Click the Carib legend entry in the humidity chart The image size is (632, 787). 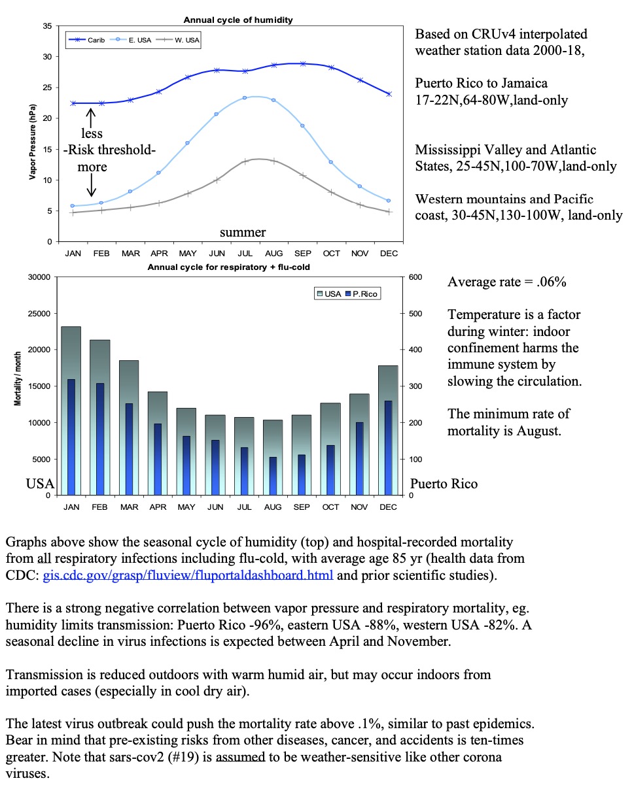86,40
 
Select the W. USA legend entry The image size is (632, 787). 177,40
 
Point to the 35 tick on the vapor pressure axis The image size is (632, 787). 47,25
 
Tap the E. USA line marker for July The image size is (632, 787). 245,98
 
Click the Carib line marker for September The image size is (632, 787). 302,63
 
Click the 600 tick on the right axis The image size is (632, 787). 416,278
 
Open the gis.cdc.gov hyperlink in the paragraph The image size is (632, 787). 188,576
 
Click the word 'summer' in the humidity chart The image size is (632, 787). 243,232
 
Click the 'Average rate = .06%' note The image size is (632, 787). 506,282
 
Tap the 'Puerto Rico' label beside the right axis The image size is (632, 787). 443,484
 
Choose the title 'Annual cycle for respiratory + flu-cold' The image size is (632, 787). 228,267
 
